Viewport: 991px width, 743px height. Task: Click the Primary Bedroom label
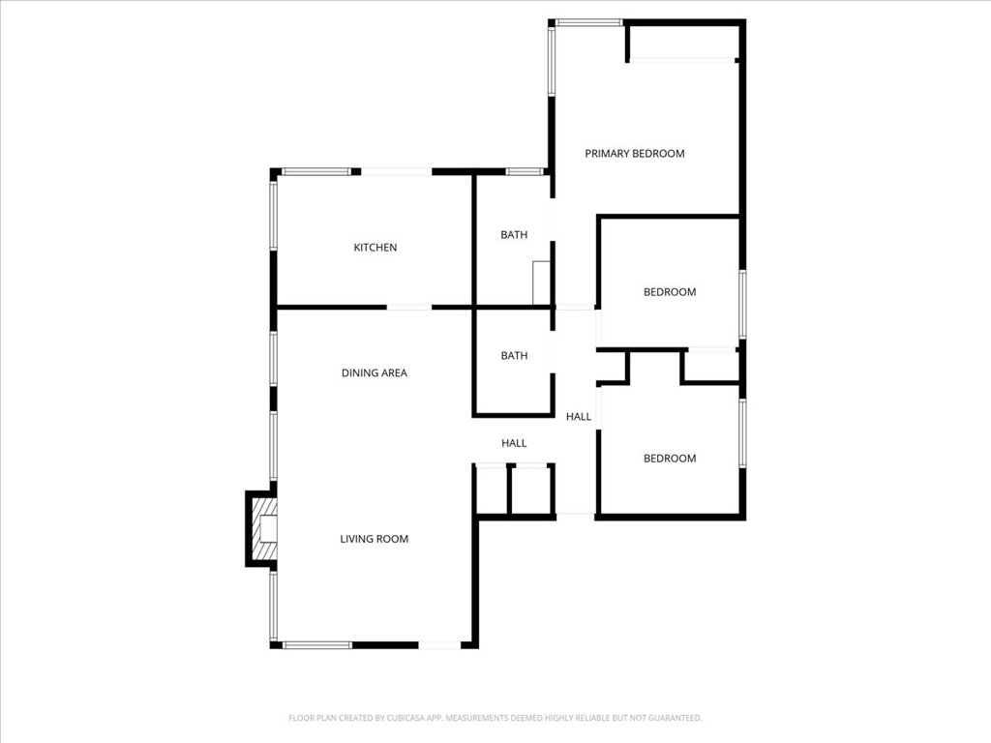coord(634,153)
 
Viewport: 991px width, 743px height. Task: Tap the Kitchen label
coord(375,248)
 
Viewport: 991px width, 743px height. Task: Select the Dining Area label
coord(374,372)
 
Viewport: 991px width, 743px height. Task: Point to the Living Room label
coord(374,539)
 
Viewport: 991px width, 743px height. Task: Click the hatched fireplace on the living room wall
coord(263,528)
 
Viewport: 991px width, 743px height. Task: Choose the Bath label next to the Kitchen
coord(514,235)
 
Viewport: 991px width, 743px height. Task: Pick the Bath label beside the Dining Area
coord(514,356)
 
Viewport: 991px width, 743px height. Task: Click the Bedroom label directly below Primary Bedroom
coord(670,292)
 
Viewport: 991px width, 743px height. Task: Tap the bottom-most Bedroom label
coord(670,459)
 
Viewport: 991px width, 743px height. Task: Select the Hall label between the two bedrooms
coord(579,417)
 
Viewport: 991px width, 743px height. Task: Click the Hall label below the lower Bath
coord(514,443)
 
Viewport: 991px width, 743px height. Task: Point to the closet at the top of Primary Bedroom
coord(682,43)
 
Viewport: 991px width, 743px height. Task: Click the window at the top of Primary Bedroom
coord(588,22)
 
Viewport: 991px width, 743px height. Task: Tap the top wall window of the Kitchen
coord(315,172)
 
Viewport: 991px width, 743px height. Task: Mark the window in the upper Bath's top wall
coord(524,172)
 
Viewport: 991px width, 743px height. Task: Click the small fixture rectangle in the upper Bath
coord(541,282)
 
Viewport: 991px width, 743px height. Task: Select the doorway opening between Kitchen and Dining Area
coord(409,308)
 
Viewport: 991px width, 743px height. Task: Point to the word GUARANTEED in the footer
coord(674,718)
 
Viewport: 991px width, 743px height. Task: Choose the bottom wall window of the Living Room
coord(317,644)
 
